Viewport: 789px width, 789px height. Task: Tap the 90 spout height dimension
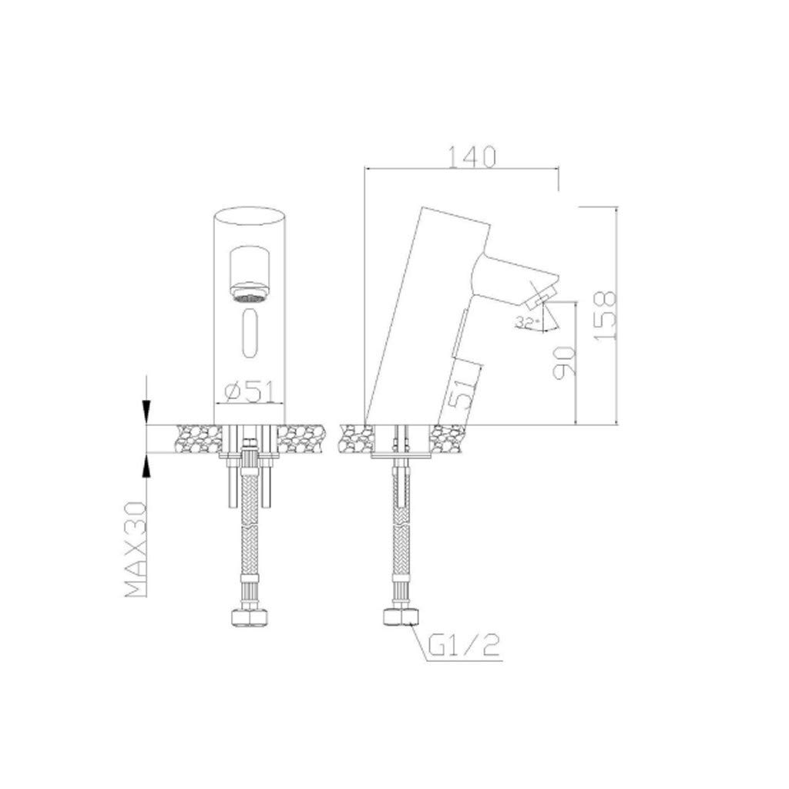563,361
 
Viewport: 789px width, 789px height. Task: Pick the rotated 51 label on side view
461,392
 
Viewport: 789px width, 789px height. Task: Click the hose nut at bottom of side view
401,618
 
